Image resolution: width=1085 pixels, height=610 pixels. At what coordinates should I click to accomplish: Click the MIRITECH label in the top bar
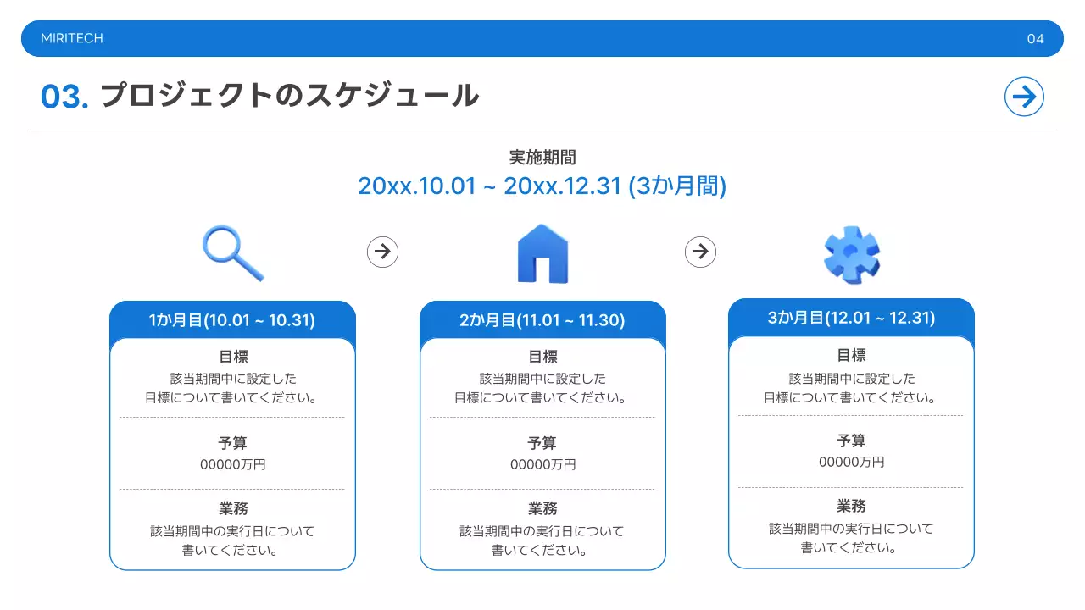(72, 39)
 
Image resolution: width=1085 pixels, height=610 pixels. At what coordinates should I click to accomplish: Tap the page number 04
(1035, 39)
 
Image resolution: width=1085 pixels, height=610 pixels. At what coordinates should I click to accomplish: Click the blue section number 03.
(64, 97)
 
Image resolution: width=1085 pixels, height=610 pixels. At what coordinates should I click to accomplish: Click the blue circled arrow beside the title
(1024, 97)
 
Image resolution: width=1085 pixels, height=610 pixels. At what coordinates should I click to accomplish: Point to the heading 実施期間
(542, 158)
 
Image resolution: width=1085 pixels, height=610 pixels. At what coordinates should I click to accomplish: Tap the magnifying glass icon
(233, 252)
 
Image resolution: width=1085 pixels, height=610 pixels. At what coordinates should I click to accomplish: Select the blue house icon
(542, 253)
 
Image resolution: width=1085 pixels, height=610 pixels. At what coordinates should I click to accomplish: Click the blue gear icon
(852, 255)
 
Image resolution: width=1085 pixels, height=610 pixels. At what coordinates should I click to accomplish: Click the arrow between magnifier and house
(382, 252)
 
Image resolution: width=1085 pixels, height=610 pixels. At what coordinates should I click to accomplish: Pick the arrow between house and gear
(700, 252)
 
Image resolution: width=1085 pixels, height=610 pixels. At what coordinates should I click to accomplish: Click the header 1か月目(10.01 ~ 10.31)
(232, 320)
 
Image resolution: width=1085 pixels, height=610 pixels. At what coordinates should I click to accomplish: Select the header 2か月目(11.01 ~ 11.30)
(542, 320)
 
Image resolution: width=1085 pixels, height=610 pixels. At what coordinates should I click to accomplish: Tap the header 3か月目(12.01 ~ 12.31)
(851, 319)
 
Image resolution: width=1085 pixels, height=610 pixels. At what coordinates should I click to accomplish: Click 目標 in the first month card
(232, 358)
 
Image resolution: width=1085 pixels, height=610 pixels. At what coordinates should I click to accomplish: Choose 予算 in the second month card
(542, 443)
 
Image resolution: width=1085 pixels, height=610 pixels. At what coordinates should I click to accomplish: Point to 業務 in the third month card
(851, 507)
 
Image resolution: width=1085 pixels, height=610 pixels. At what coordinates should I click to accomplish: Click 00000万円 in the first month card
(232, 465)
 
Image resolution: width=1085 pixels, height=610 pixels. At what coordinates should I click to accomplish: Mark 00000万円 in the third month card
(851, 463)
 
